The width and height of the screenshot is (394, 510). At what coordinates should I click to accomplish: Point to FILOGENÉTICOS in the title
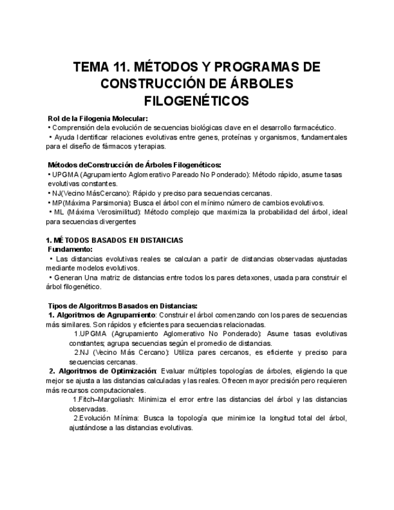click(x=197, y=99)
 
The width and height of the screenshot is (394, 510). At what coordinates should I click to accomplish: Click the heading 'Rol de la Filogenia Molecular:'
click(x=97, y=118)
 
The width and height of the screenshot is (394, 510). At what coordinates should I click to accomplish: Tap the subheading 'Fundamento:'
click(x=70, y=249)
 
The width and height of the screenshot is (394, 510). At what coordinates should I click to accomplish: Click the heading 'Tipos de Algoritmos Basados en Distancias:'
click(x=122, y=306)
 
